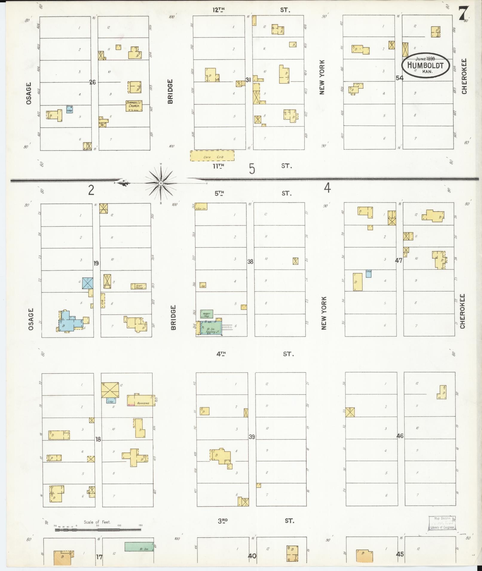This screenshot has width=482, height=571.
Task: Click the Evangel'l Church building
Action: (134, 106)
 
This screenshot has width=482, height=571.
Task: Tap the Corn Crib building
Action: (212, 156)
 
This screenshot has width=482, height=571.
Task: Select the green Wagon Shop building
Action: (206, 314)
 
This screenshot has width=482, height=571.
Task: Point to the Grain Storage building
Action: (138, 286)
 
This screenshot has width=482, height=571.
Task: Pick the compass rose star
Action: (161, 182)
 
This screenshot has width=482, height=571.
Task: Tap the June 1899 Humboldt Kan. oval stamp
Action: (426, 66)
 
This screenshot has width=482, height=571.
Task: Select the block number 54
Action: (399, 78)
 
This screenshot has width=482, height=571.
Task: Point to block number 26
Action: (93, 82)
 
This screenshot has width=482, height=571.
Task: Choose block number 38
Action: (250, 261)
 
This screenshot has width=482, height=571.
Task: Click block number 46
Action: (400, 436)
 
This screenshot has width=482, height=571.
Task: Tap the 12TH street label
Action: (218, 10)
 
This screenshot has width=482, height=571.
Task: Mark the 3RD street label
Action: (223, 521)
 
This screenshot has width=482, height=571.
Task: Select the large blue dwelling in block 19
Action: (69, 322)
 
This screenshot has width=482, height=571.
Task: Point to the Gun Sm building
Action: (201, 207)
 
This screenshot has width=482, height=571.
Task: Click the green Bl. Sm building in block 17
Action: (139, 547)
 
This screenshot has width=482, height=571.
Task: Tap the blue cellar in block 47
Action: (368, 274)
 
